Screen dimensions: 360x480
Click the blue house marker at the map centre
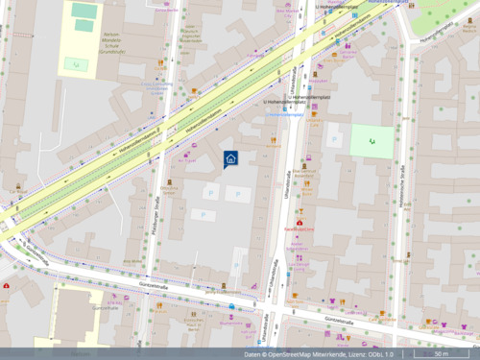click(x=230, y=159)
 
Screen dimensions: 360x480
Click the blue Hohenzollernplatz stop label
click(x=285, y=114)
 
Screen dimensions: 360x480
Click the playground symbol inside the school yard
click(x=76, y=64)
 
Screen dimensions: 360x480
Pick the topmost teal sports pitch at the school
click(x=84, y=12)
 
